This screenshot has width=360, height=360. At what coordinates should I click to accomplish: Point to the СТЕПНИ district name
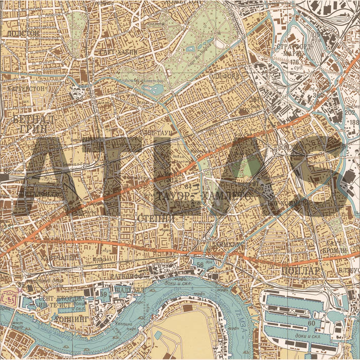pyautogui.click(x=157, y=219)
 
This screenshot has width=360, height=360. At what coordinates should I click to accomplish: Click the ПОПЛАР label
pyautogui.click(x=301, y=271)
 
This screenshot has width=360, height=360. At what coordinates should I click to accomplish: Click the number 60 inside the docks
pyautogui.click(x=311, y=323)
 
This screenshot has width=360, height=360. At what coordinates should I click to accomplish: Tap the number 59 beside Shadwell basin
pyautogui.click(x=104, y=294)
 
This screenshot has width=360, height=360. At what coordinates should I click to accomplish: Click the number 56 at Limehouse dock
pyautogui.click(x=200, y=264)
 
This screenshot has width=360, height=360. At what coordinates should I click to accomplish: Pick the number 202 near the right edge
pyautogui.click(x=350, y=112)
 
